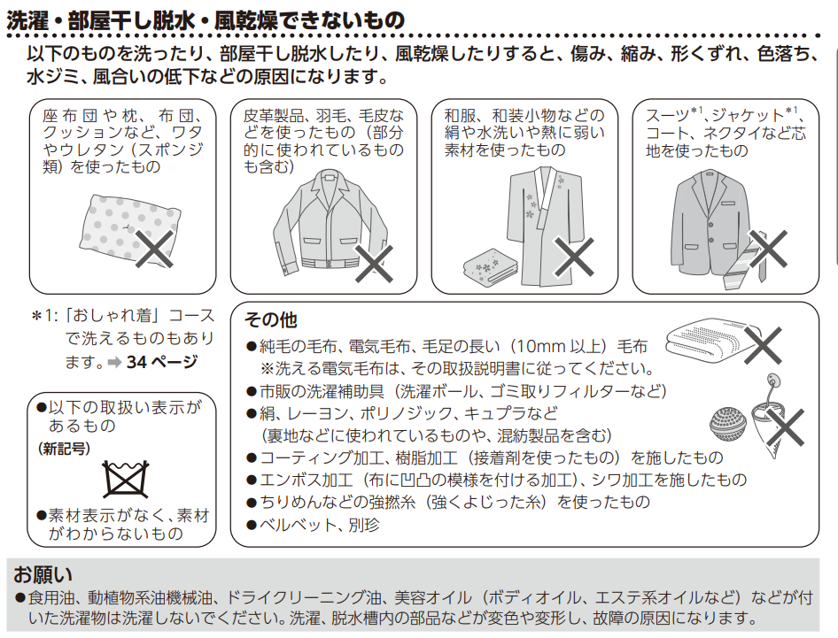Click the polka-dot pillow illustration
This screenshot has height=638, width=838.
(128, 229)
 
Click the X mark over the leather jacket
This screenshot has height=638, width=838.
(374, 264)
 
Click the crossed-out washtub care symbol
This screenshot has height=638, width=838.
(126, 479)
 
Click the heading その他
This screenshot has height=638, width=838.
(270, 319)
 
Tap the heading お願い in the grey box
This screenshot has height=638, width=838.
(43, 574)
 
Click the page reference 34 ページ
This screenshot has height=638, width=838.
(162, 362)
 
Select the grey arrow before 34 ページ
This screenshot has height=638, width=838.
(114, 363)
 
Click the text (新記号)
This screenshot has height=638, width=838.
(64, 449)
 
